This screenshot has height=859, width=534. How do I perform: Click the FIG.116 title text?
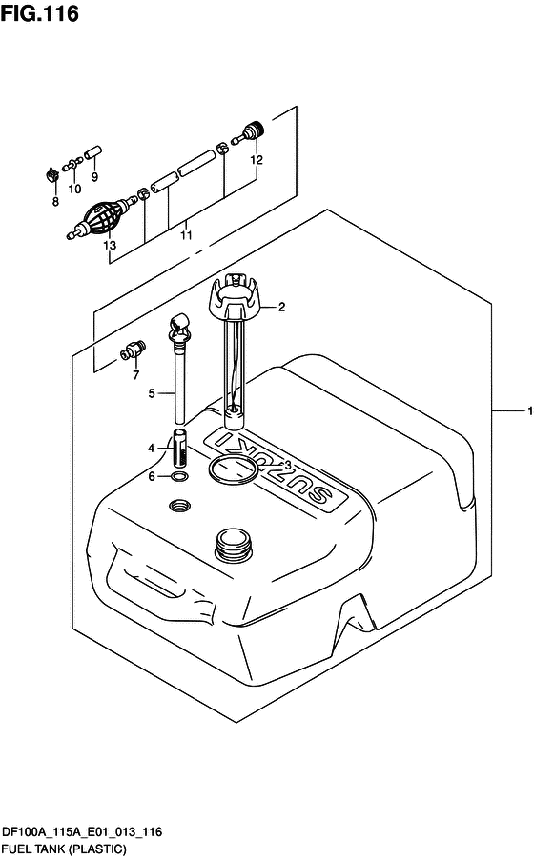(x=39, y=13)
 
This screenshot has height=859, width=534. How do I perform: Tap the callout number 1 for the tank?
(x=529, y=410)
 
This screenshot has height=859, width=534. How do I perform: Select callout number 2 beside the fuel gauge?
(x=281, y=307)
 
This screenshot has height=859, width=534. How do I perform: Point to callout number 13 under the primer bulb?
(x=110, y=245)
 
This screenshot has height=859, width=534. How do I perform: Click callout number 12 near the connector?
(x=257, y=160)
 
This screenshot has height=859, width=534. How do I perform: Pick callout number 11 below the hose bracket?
(x=186, y=235)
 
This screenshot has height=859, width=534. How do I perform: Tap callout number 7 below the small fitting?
(x=136, y=374)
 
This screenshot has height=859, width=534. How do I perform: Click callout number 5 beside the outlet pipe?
(x=152, y=393)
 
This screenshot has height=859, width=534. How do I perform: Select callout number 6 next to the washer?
(x=152, y=476)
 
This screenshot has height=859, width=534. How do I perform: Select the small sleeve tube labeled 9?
(x=93, y=151)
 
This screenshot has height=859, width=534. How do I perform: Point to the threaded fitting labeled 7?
(x=133, y=350)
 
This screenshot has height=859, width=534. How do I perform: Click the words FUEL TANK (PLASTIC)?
(x=64, y=849)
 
